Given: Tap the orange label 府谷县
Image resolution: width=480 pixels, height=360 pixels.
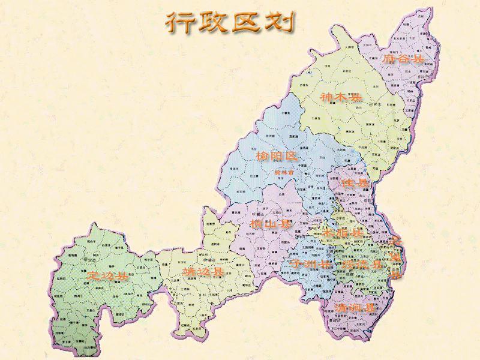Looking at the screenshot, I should pyautogui.click(x=403, y=59).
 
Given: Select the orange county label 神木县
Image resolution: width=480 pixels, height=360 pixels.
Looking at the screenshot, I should pyautogui.click(x=341, y=97).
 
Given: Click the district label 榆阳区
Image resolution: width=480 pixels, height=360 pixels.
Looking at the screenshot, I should pyautogui.click(x=277, y=157).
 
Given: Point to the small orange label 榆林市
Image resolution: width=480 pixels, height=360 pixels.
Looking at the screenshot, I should pyautogui.click(x=284, y=172).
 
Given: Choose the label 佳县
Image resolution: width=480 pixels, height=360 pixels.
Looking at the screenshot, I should pyautogui.click(x=354, y=182).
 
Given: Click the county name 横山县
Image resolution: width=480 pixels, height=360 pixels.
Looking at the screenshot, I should pyautogui.click(x=271, y=224).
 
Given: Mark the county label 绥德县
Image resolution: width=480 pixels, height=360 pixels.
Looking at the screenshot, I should pyautogui.click(x=362, y=263).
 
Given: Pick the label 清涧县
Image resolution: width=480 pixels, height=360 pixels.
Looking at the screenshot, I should pyautogui.click(x=355, y=308).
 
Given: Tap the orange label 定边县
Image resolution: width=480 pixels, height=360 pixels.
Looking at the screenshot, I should pyautogui.click(x=107, y=276).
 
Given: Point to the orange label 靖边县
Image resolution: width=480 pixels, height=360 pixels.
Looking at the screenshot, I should pyautogui.click(x=203, y=272).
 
